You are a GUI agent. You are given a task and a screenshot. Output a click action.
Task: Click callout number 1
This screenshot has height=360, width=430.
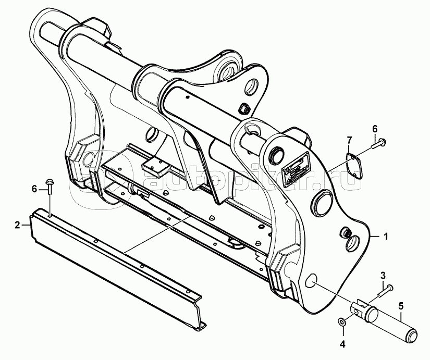tap(386, 236)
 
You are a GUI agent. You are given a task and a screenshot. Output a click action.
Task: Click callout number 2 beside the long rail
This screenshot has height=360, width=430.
tap(17, 226)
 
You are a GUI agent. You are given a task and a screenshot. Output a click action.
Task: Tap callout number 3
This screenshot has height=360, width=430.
tap(384, 275)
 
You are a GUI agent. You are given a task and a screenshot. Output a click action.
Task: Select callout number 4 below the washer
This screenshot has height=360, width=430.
tap(343, 343)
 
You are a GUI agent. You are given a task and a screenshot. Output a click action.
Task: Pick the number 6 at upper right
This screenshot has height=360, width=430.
tap(375, 128)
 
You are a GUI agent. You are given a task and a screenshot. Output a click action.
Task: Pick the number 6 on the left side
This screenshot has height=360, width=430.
tap(34, 189)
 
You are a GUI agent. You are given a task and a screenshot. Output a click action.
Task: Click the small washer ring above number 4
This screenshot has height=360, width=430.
tap(342, 321)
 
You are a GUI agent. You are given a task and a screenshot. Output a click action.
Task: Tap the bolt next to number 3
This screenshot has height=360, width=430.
tap(385, 291)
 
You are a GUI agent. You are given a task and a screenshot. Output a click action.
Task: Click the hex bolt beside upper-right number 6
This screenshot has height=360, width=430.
tap(379, 143)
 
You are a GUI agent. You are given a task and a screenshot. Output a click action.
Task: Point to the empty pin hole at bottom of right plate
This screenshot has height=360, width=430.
tap(312, 280)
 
